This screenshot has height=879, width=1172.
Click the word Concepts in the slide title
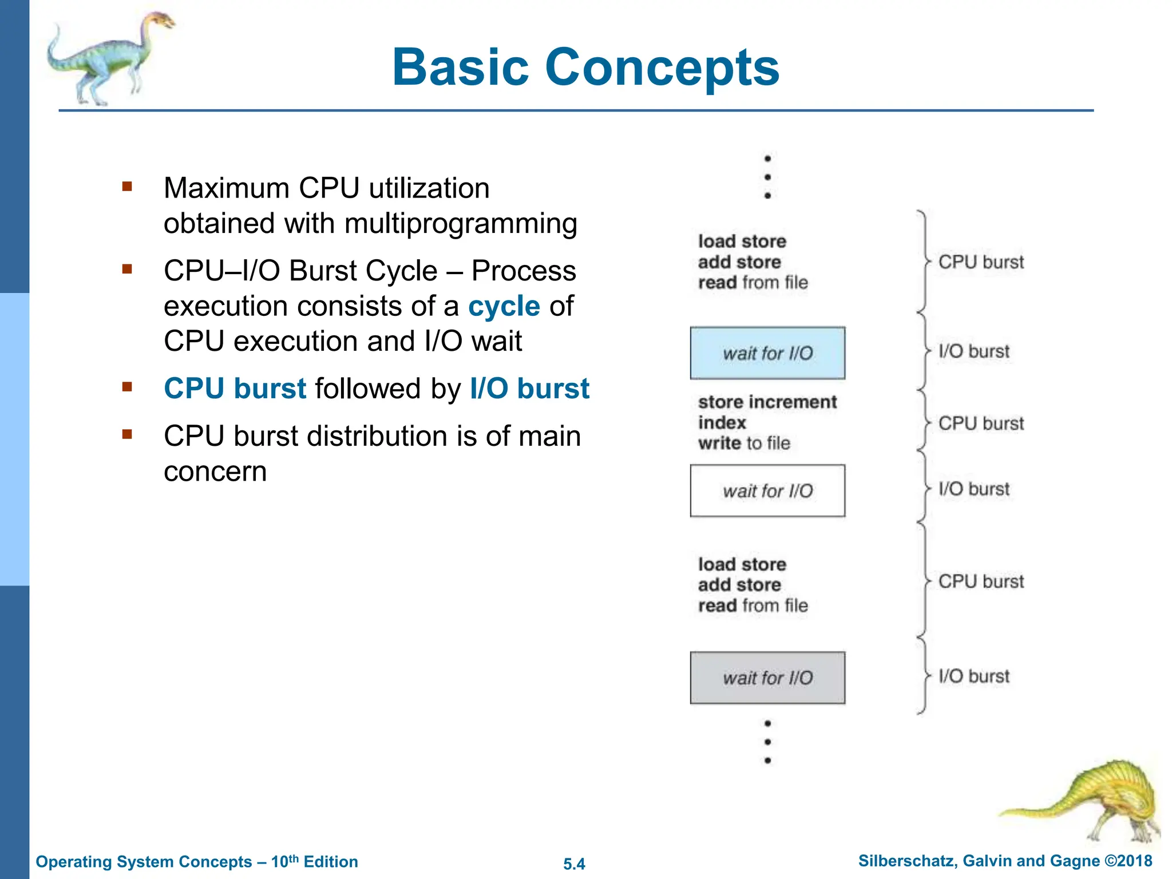pos(662,68)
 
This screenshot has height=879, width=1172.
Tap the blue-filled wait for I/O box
pos(767,353)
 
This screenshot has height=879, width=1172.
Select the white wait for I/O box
pos(767,491)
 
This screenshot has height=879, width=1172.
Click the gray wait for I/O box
pos(767,678)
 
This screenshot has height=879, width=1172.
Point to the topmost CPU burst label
pos(981,262)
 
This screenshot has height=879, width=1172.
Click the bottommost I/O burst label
pos(974,676)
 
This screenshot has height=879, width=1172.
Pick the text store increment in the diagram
pos(767,402)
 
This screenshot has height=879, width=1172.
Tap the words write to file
pos(744,443)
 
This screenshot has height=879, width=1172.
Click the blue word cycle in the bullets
pos(504,306)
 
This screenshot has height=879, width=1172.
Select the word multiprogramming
pos(461,223)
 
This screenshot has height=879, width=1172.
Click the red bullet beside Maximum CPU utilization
pos(127,187)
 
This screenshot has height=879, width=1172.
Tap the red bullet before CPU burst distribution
pos(127,434)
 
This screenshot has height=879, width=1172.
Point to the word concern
pos(215,472)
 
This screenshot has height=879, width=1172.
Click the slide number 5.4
pos(574,864)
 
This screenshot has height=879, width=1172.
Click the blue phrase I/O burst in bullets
pos(529,389)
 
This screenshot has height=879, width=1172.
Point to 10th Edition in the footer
pos(314,861)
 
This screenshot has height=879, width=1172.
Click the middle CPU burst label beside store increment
pos(981,423)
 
